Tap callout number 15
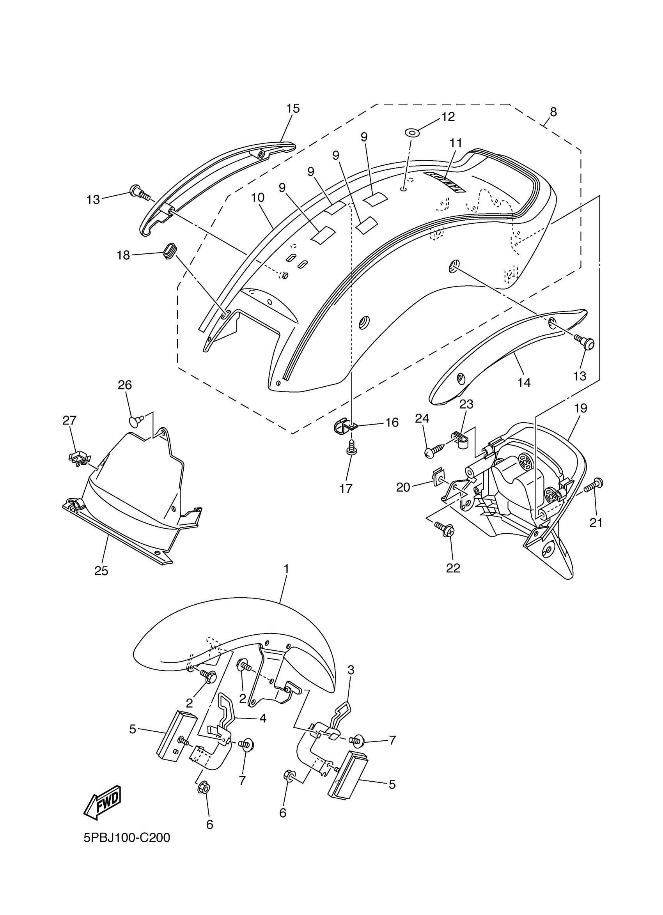(x=293, y=108)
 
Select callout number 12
(x=448, y=117)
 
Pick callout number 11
(x=456, y=143)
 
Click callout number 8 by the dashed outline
(x=553, y=112)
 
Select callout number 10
(x=257, y=197)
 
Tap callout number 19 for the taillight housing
(x=580, y=408)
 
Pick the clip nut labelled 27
(x=78, y=458)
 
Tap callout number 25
(x=101, y=571)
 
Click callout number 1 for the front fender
(x=286, y=569)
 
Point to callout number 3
(x=351, y=670)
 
